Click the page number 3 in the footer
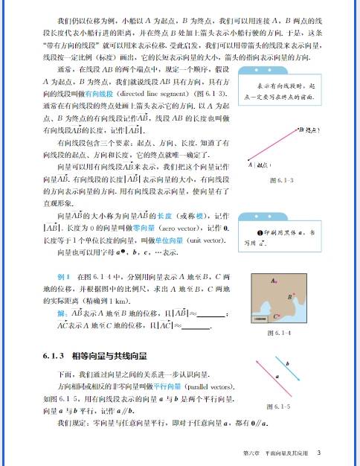318,453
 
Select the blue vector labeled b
284,372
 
